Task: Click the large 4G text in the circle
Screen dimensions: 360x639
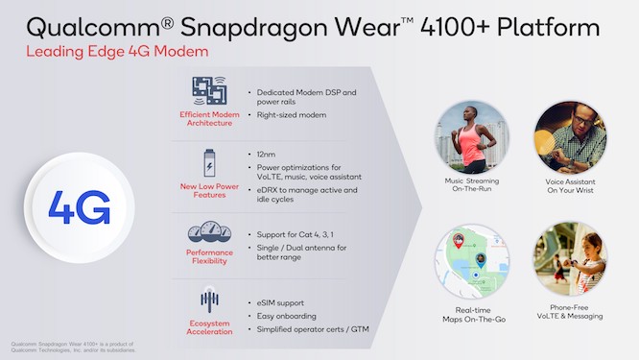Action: (78, 205)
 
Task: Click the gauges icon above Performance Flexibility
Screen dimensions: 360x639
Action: (208, 233)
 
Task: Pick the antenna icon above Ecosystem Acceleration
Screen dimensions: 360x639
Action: (208, 299)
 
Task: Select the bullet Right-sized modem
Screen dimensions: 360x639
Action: (291, 115)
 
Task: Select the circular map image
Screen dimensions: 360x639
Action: (471, 258)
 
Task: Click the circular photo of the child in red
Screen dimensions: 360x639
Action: (570, 258)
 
